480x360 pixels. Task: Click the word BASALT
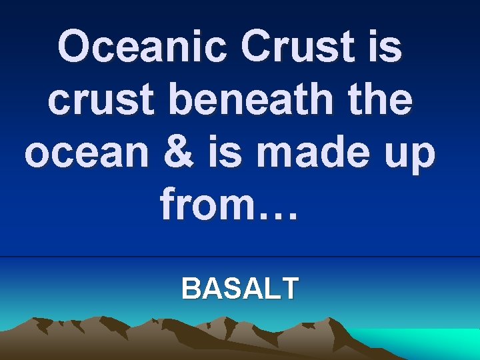tap(240, 289)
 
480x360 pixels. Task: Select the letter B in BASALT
tap(190, 289)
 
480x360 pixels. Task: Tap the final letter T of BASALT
tap(290, 289)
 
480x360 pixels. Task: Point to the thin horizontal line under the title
tap(240, 257)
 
